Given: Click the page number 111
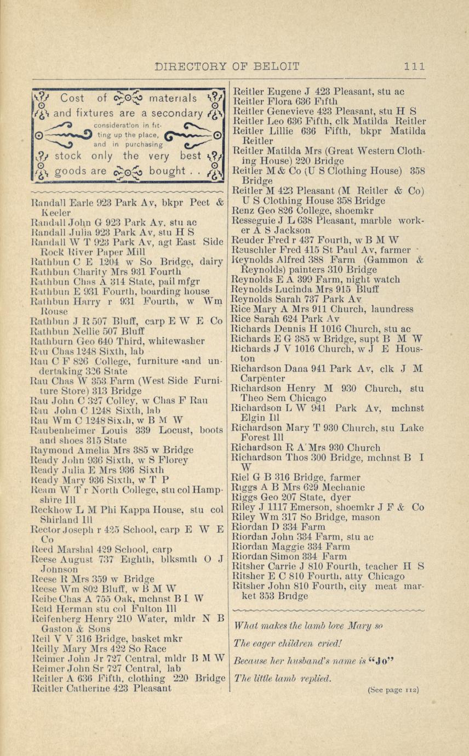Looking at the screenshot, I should (x=414, y=66).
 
